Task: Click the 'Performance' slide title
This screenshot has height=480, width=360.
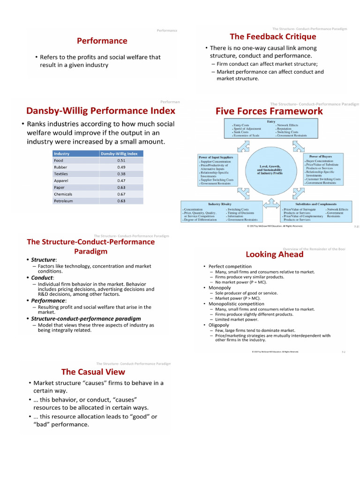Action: (x=102, y=41)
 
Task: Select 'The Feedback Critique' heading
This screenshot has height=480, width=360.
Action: (x=273, y=37)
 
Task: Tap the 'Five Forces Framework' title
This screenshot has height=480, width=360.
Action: (x=269, y=111)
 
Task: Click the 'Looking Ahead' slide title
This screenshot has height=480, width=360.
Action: (x=274, y=254)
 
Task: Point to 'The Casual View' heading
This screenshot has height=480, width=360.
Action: (x=93, y=372)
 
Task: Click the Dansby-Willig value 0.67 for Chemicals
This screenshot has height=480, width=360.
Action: (x=121, y=194)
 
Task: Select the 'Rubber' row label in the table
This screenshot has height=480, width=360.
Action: (x=60, y=167)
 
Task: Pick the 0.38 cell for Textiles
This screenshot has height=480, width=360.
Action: (x=121, y=173)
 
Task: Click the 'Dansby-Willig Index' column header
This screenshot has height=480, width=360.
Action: (x=120, y=153)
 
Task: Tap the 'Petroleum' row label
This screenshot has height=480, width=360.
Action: (x=63, y=201)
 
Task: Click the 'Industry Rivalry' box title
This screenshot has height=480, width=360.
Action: (x=220, y=204)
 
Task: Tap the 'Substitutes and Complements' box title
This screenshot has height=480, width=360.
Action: (x=316, y=204)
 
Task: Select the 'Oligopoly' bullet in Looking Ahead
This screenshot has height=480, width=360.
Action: (x=219, y=325)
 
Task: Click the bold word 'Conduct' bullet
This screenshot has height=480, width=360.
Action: (x=42, y=277)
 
